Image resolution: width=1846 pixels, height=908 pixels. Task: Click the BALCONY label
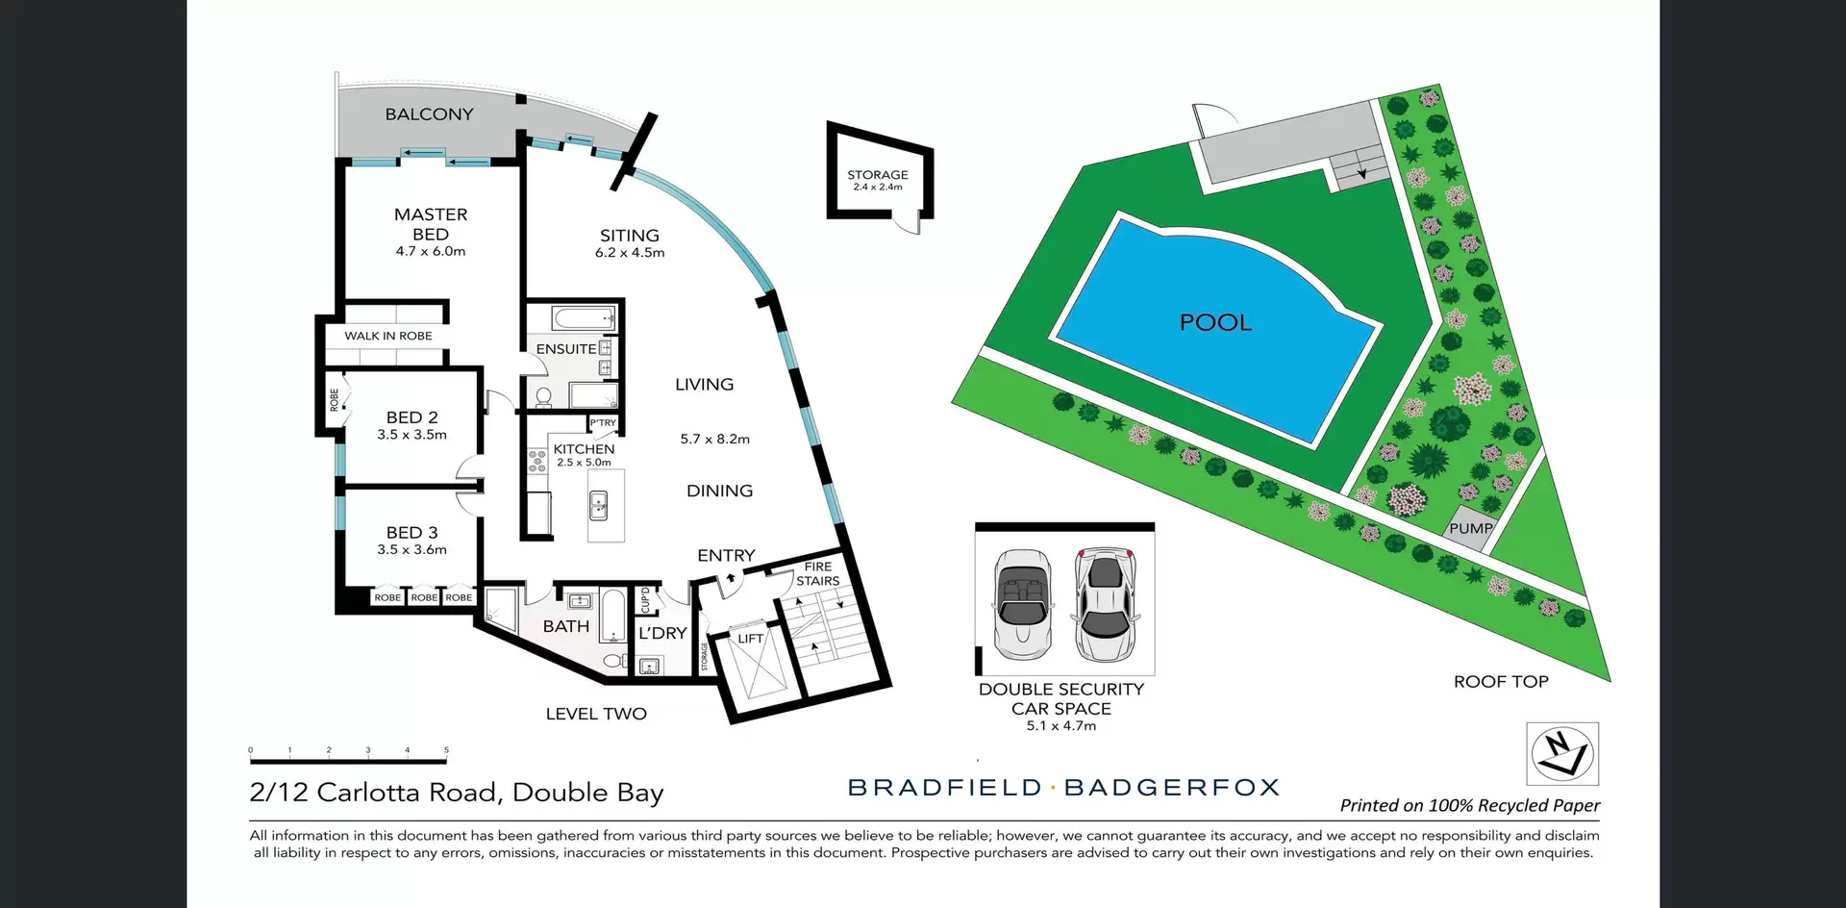[429, 114]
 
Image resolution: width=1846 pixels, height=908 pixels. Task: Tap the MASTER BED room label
[431, 224]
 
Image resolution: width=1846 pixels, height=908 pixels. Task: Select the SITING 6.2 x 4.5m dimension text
[630, 253]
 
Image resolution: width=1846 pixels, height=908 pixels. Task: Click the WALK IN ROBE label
[388, 336]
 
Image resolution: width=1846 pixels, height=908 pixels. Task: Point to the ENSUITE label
[565, 349]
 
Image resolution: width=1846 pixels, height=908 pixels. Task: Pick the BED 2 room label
[412, 417]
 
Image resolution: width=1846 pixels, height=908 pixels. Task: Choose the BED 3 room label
[412, 533]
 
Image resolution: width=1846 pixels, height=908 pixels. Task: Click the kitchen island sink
[598, 503]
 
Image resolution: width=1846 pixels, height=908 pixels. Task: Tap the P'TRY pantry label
[603, 423]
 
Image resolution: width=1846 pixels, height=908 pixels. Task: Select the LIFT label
[750, 639]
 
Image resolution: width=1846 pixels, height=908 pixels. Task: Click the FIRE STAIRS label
[818, 574]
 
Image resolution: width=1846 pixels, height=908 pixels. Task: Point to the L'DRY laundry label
[662, 633]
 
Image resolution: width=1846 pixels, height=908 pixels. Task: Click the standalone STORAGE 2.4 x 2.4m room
[877, 179]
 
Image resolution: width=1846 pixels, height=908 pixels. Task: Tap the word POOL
[1215, 323]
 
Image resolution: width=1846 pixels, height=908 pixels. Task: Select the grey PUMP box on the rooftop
[1469, 529]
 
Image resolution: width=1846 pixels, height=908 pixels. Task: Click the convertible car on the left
[1020, 604]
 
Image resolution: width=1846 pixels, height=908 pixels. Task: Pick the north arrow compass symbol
[1562, 754]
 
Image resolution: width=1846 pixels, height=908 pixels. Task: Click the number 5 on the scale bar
[446, 750]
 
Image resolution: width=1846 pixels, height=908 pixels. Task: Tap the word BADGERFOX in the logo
[1172, 788]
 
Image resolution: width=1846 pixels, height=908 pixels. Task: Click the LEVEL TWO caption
[596, 714]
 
